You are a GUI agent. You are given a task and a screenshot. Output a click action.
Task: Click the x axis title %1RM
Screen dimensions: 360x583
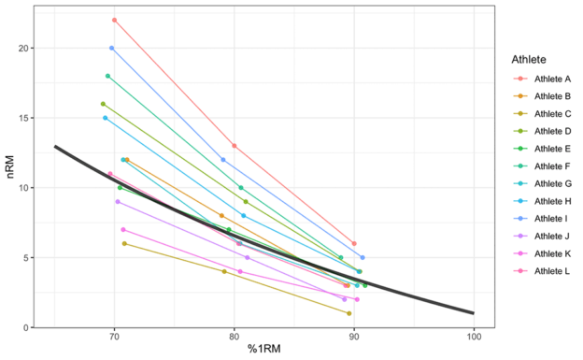[264, 352]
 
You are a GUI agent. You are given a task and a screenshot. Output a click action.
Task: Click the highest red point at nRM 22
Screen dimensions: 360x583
[114, 20]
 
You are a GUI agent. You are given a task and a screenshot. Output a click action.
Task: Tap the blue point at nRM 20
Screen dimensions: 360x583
[111, 48]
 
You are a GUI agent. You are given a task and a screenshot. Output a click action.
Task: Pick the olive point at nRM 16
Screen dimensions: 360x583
[103, 104]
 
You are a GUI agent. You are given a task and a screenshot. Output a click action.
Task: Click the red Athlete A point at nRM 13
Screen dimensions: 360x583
[234, 146]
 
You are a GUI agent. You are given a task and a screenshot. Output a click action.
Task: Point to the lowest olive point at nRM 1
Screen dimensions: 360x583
[348, 313]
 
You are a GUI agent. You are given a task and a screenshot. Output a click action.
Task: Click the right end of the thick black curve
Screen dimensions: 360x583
[474, 313]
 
